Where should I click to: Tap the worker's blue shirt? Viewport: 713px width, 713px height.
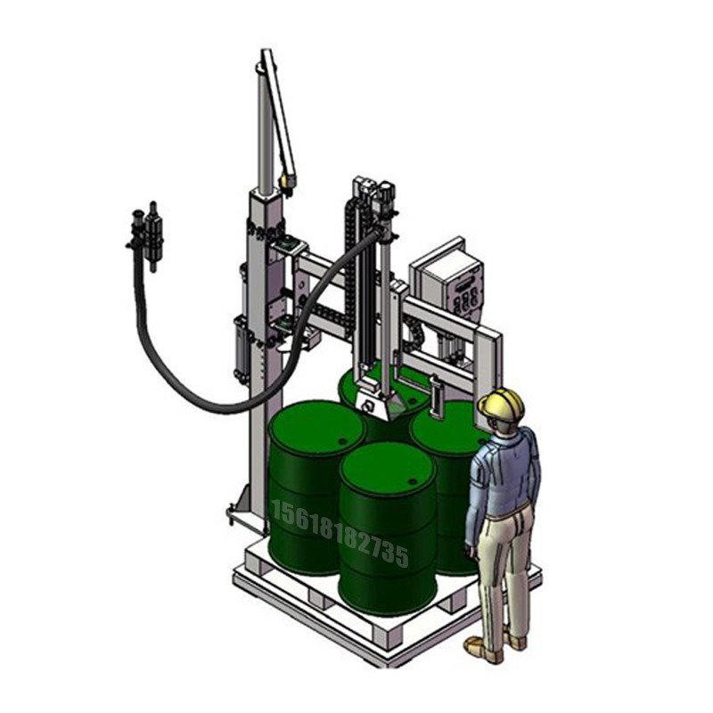(504, 477)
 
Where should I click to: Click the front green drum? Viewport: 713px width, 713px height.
(388, 528)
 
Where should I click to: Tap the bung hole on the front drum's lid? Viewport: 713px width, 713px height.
(412, 481)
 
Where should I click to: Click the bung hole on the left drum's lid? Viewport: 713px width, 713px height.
(341, 441)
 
